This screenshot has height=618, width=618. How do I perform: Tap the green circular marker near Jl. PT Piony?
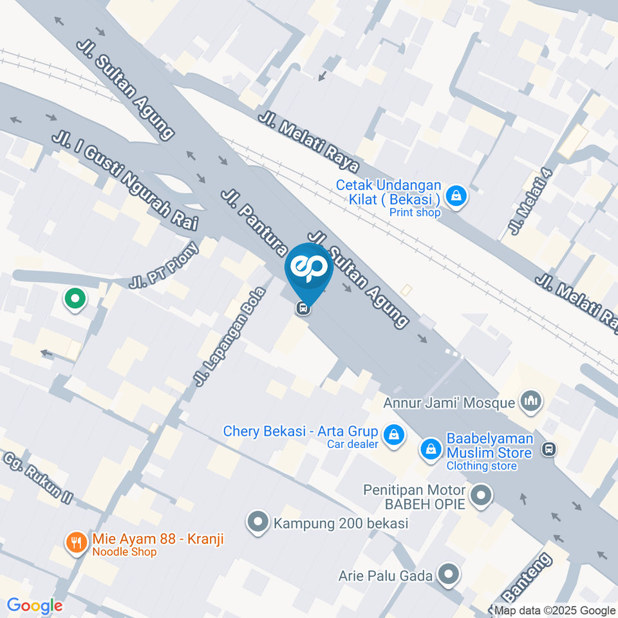75,299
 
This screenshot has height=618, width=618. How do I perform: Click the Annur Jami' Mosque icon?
531,402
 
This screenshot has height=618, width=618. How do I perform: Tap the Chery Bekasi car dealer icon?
393,436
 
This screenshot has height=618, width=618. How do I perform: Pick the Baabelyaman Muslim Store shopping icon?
431,450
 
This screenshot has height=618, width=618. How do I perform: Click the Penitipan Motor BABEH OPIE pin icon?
480,496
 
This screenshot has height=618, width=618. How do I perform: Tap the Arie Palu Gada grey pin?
448,574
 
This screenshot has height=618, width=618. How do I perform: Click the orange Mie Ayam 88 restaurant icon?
77,542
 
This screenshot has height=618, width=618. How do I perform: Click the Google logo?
35,605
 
